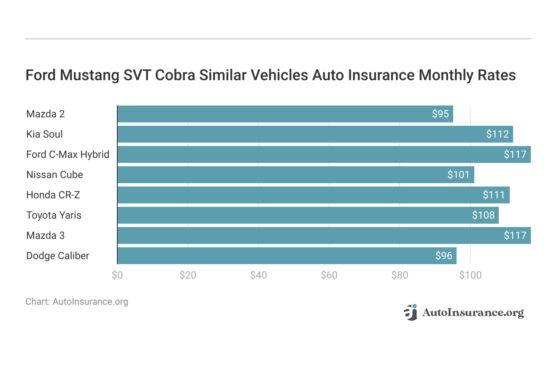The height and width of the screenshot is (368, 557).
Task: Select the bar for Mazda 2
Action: click(285, 114)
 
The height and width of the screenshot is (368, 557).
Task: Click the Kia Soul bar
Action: click(315, 134)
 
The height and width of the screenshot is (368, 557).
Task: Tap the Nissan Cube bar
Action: click(295, 175)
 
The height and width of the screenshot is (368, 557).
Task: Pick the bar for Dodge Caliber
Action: click(287, 256)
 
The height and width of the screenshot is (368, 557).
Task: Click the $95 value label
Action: click(440, 114)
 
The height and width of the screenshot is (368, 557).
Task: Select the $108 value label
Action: click(483, 215)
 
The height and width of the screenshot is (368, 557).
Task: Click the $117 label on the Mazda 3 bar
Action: click(515, 235)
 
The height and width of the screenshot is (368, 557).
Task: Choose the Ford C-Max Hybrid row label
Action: click(68, 154)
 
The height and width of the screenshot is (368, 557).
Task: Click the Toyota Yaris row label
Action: click(54, 215)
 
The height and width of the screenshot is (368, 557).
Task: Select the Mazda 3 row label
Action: click(45, 235)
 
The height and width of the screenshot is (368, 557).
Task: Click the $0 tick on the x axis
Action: click(117, 275)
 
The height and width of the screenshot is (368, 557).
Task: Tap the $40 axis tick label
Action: click(258, 275)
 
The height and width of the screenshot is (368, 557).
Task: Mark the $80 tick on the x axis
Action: click(400, 275)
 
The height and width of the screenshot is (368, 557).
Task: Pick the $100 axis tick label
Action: click(470, 275)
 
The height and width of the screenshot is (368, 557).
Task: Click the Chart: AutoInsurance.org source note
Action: click(76, 302)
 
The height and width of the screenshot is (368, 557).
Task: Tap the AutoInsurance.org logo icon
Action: click(410, 312)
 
